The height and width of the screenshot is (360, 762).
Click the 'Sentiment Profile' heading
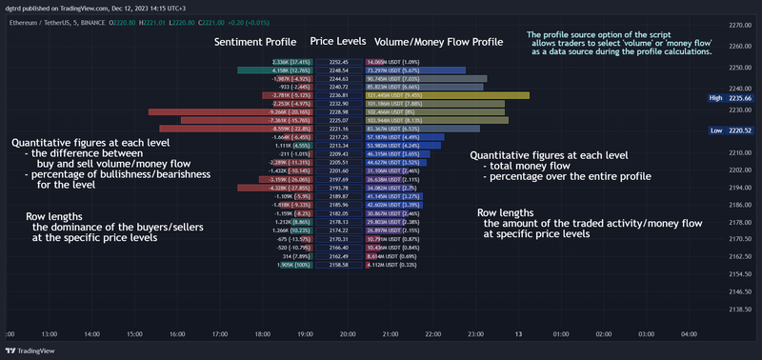click(254, 42)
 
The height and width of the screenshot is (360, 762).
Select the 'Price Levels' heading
click(338, 42)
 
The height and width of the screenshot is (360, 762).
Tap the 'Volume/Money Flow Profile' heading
click(438, 42)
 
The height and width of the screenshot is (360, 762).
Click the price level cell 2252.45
click(339, 61)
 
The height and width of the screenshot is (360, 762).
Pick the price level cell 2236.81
click(339, 95)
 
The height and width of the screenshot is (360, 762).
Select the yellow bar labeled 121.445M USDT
click(448, 95)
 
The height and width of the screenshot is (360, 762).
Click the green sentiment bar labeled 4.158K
click(267, 70)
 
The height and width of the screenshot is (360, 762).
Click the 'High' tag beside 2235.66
click(715, 98)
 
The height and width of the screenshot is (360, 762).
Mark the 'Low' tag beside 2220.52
click(715, 130)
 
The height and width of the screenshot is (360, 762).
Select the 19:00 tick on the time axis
click(305, 334)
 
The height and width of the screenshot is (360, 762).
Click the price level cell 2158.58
click(339, 266)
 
